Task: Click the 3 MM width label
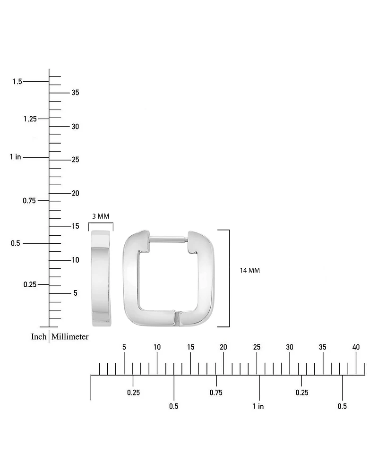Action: coord(101,216)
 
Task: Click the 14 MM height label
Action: coord(250,271)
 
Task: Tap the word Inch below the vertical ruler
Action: coord(39,337)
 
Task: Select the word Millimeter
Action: coord(70,337)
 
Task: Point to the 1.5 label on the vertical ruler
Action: coord(17,82)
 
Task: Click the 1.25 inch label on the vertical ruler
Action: coord(30,119)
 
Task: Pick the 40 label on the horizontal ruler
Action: coord(356,347)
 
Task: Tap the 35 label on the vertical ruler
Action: coord(76,93)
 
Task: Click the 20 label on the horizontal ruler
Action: coord(223,347)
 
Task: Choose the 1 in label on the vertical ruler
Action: coord(16,157)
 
